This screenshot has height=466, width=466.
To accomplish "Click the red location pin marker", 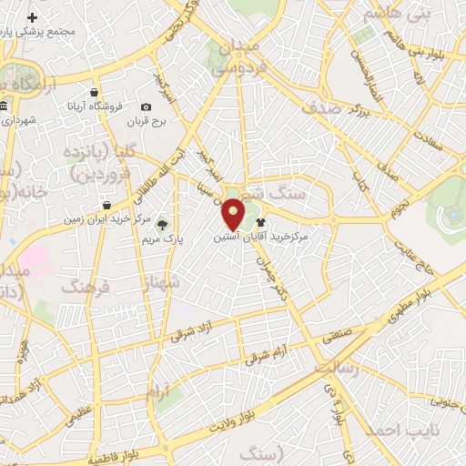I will tap(234, 214).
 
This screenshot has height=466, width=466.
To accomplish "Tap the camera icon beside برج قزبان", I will tap(147, 107).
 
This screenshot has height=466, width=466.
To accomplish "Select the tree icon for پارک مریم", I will tap(163, 223).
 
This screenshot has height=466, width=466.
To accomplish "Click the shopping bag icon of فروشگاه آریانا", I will tap(95, 92).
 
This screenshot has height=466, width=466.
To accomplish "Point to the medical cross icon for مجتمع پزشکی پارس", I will tap(33, 17).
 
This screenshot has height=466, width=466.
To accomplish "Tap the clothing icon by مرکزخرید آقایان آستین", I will tap(261, 221).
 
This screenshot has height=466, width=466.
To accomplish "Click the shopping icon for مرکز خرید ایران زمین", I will tap(107, 206).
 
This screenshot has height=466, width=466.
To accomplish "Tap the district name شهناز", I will tap(162, 284).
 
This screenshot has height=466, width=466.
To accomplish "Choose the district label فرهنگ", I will tap(85, 288).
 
